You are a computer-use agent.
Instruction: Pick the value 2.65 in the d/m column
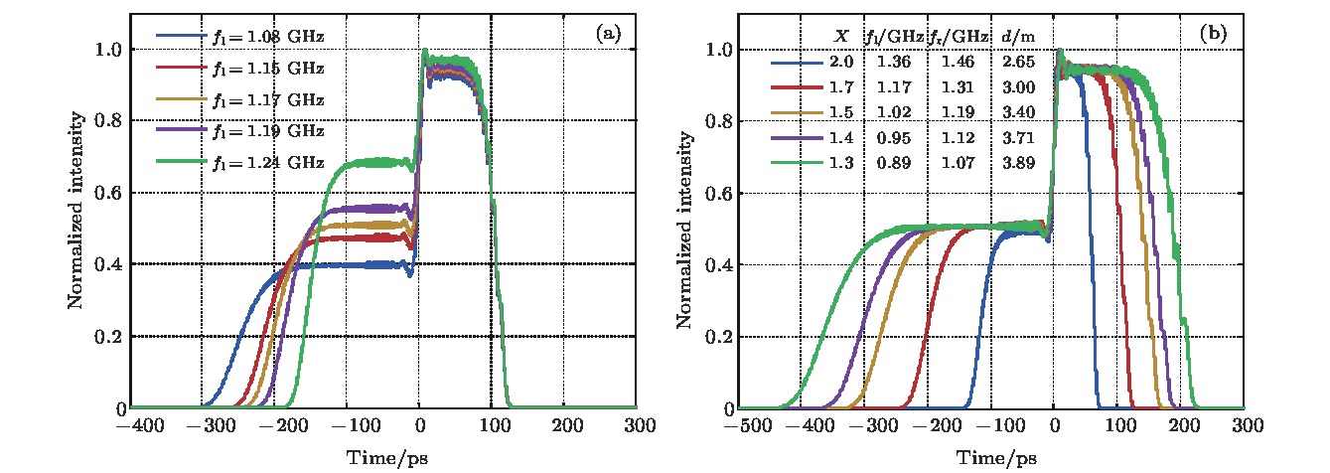tap(1023, 62)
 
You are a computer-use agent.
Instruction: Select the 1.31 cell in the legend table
tap(969, 86)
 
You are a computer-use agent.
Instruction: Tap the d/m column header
tap(1023, 36)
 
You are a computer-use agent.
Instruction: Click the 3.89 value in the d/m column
tap(1023, 161)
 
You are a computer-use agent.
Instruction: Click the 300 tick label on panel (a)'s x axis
tap(637, 425)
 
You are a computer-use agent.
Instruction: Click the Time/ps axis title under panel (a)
tap(383, 457)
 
